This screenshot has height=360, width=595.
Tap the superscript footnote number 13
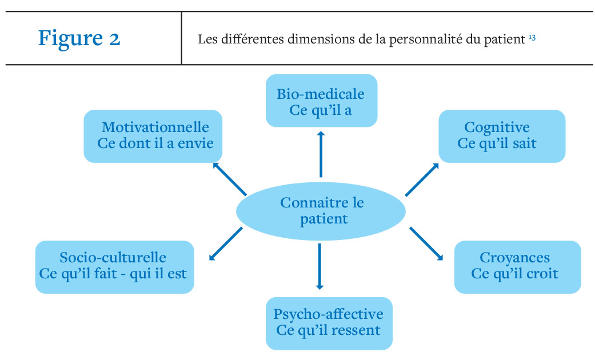pos(532,38)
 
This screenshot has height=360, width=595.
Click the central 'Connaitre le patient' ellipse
pos(321,211)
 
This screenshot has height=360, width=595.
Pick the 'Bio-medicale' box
pos(321,101)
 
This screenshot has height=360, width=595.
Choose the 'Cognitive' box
pos(502,136)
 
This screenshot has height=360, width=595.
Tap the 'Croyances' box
pos(518,267)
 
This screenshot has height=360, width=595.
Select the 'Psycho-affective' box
pos(329,323)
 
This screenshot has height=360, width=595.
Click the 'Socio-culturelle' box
pos(114,267)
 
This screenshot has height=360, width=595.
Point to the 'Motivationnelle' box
pos(153,136)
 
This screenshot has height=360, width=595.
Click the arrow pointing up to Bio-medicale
pos(321,154)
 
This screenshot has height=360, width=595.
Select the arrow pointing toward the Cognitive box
pos(422,180)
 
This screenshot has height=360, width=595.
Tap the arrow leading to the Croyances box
pos(426,244)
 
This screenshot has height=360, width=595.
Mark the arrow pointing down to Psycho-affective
pos(320,267)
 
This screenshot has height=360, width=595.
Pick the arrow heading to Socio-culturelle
pos(226,244)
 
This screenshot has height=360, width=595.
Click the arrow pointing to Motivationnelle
pos(230,179)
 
